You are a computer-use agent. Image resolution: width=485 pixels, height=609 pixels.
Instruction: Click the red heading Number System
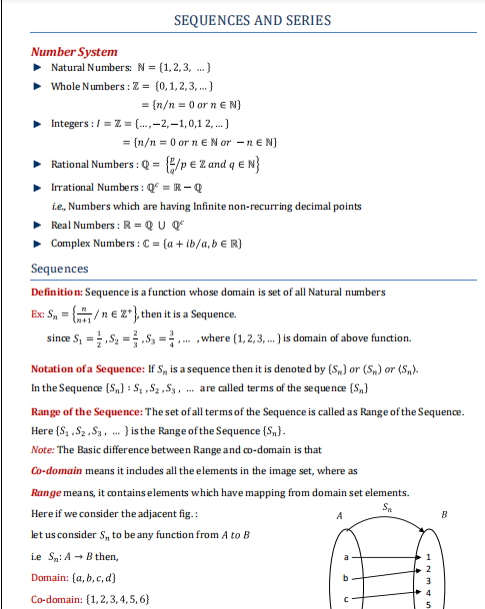[x=73, y=51]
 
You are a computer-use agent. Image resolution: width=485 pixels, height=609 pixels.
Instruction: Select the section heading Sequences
[x=60, y=269]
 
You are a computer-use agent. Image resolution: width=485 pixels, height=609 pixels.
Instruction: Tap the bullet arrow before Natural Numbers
[x=37, y=66]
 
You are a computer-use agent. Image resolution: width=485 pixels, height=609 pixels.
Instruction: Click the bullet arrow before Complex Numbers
[x=37, y=243]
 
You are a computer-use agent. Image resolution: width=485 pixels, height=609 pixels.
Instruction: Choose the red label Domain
[x=50, y=577]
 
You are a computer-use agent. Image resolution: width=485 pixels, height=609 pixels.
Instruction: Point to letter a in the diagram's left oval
[x=345, y=556]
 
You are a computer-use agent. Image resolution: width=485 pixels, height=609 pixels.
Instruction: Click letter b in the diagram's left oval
[x=345, y=577]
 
